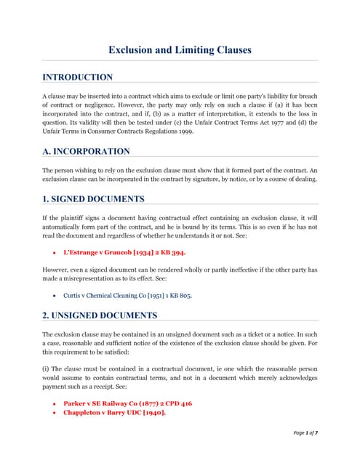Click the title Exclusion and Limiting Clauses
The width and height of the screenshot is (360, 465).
point(180,50)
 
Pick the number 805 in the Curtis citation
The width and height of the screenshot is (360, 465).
point(184,296)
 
